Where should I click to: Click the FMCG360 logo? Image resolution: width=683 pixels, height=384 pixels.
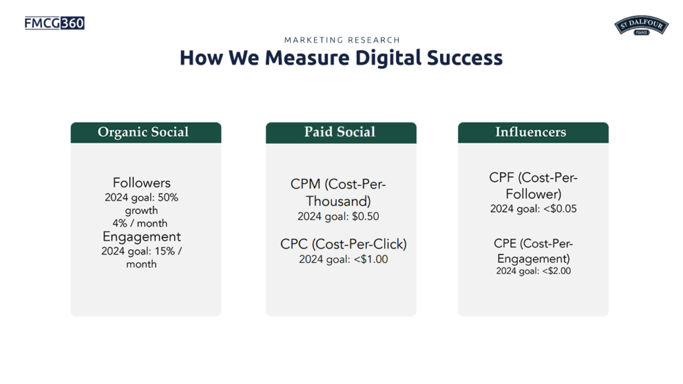tap(55, 23)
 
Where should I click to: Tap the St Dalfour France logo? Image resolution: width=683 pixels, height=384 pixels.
tap(641, 26)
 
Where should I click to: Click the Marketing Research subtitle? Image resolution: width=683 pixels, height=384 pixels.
tap(342, 40)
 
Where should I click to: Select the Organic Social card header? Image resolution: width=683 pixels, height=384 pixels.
tap(146, 133)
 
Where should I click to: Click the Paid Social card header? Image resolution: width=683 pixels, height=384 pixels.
tap(341, 133)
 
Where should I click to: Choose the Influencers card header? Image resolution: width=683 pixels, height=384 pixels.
tap(533, 133)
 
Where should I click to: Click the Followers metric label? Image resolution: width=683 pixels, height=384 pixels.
tap(141, 183)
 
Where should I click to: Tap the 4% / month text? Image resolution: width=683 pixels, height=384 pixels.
tap(140, 223)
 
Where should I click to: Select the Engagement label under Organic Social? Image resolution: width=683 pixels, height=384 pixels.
tap(141, 237)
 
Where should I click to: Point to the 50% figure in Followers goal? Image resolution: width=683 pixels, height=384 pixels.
tap(168, 197)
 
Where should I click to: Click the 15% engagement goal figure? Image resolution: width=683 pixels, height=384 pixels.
tap(165, 251)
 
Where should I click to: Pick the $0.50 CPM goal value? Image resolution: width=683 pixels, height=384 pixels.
tap(366, 217)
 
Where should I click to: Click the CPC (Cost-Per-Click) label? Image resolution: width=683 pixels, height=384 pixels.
tap(344, 244)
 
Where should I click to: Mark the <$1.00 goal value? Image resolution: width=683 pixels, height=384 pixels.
tap(371, 259)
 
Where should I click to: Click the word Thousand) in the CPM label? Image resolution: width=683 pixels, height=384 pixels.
tap(338, 201)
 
